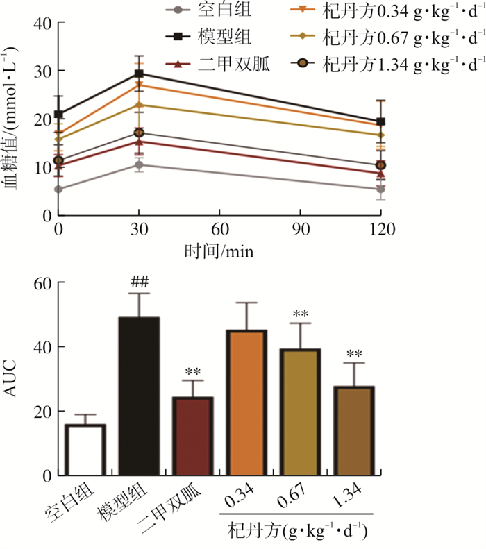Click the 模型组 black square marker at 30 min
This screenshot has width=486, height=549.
click(139, 74)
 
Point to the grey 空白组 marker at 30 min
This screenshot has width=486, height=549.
click(139, 165)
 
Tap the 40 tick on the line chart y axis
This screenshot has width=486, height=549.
click(43, 23)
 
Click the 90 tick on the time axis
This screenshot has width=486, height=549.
click(299, 229)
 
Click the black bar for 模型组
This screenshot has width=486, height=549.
click(139, 396)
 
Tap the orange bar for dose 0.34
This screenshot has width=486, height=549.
click(246, 403)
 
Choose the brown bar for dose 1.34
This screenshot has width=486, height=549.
click(353, 430)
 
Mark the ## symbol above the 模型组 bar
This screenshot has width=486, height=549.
click(139, 282)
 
